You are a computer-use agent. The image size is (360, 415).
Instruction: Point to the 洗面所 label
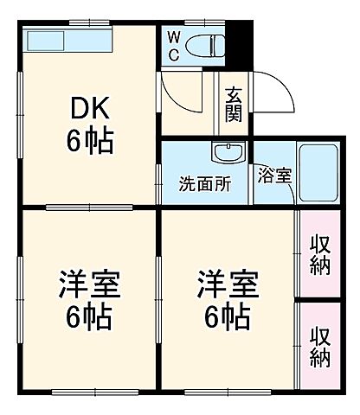204,183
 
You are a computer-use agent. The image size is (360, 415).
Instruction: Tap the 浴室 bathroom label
274,173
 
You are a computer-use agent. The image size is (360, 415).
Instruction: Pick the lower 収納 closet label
319,343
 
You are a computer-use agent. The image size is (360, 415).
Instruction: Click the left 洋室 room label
88,284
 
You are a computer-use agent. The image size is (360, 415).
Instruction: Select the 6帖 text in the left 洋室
88,317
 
